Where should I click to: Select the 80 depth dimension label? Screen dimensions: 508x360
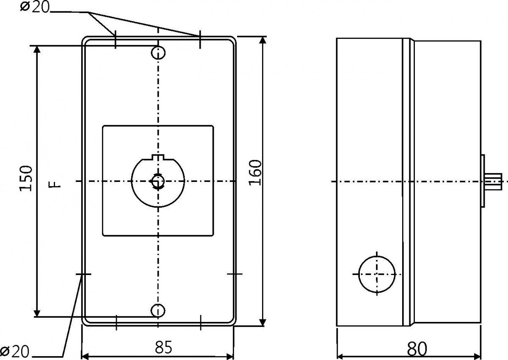(x=417, y=349)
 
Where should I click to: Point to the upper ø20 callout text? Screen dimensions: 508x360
(x=35, y=7)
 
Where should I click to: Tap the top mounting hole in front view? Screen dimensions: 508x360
(x=158, y=53)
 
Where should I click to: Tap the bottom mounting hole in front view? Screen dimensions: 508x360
(x=158, y=310)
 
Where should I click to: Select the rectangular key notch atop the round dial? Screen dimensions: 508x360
(x=158, y=157)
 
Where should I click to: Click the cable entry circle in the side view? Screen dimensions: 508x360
(x=377, y=274)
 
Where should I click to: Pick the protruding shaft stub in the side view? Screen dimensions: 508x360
(x=497, y=181)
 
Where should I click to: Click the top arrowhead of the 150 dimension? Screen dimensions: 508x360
(x=37, y=50)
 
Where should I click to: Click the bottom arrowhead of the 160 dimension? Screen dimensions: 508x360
(x=262, y=322)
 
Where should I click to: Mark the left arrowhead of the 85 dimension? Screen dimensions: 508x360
(x=86, y=356)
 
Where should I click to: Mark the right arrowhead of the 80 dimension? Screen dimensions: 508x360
(x=477, y=356)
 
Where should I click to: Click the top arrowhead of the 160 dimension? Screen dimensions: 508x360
(x=262, y=41)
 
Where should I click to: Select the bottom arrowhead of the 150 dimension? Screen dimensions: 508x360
(x=37, y=313)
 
